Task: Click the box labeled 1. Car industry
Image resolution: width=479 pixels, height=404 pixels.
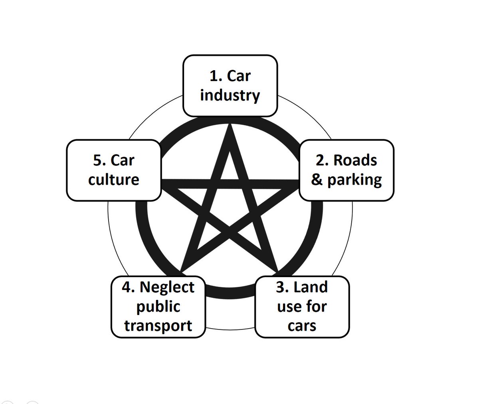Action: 230,86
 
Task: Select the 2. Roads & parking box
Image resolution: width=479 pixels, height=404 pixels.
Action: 346,170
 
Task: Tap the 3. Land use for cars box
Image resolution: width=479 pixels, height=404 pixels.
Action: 302,307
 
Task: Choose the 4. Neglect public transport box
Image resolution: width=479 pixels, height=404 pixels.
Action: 158,307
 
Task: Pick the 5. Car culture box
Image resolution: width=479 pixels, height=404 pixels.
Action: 114,170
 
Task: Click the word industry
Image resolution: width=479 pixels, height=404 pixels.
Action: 230,96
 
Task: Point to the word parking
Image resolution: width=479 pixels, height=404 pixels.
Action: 354,180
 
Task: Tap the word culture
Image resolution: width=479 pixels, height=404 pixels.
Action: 114,180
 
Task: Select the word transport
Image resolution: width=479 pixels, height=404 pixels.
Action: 158,325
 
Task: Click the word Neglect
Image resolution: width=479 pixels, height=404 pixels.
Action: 167,287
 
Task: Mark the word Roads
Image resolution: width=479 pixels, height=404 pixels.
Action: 355,160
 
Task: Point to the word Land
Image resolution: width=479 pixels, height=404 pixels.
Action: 311,287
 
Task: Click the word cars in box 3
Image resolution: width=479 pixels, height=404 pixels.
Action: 302,326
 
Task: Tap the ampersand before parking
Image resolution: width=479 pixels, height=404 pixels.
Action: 317,180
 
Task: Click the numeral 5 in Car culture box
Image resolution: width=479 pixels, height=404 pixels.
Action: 97,161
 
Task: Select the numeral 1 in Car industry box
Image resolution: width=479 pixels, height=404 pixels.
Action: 213,76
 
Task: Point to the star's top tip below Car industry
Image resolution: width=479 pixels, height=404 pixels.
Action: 230,127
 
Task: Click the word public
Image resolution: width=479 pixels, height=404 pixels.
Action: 158,307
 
